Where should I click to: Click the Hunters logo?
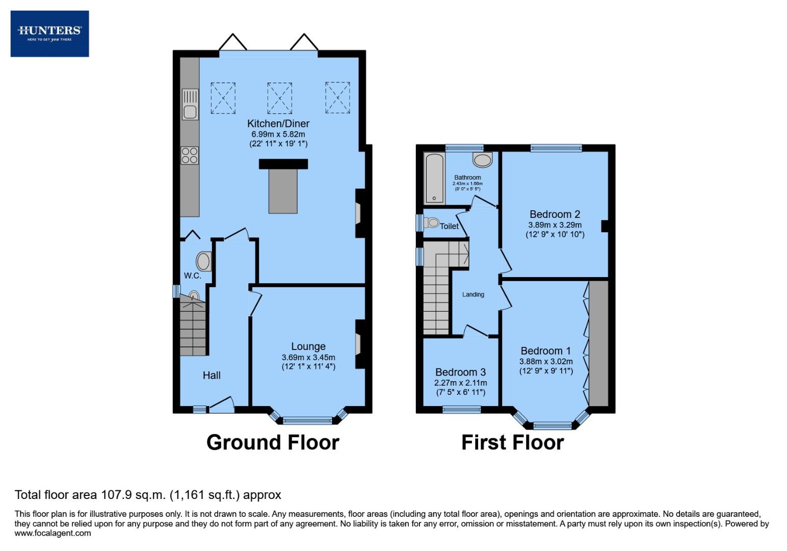pos(49,33)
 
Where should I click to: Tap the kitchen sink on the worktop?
pos(190,105)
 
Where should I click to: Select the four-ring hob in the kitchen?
pos(190,155)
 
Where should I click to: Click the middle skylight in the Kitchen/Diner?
pos(279,98)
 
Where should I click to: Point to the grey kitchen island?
pos(283,191)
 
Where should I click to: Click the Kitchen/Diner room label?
pos(278,123)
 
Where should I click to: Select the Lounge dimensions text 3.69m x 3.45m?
pos(308,357)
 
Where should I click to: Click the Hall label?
pos(212,375)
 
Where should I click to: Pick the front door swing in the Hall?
pos(222,405)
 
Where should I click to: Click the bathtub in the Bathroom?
pos(434,178)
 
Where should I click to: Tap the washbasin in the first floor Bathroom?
pos(482,160)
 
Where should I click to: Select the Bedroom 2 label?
pos(555,214)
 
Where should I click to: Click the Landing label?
pos(473,294)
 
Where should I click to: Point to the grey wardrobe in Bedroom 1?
pos(598,343)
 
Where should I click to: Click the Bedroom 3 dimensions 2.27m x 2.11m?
pos(460,383)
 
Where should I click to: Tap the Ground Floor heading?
pos(273,442)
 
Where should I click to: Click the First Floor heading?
pos(512,442)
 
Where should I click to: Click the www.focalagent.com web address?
pos(53,533)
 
